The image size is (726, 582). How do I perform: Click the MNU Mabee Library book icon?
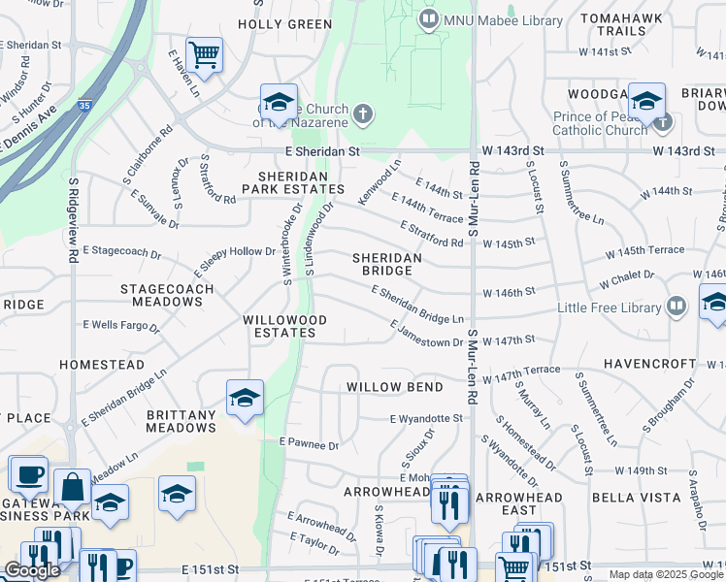pos(427,19)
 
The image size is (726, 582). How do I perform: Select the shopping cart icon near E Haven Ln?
pos(204,54)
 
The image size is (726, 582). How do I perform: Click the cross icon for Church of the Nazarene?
pos(363,115)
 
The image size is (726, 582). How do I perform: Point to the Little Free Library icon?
pos(676,307)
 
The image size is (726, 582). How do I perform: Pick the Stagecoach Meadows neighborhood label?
pos(161,296)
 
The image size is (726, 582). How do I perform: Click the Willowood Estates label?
pos(279,326)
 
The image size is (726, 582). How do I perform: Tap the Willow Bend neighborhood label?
pos(395,387)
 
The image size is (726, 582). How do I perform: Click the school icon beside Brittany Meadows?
pos(245,397)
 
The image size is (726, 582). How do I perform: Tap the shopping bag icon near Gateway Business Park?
pos(72,487)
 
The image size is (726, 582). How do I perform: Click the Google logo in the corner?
pos(32,570)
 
